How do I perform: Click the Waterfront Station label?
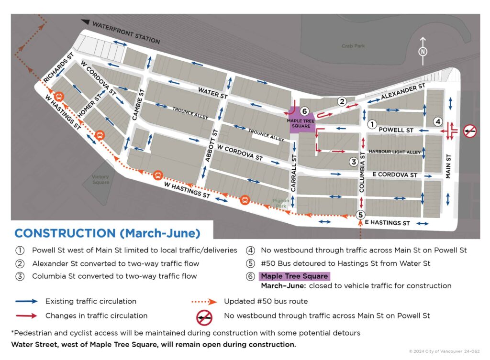point(125,32)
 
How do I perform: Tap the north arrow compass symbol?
point(423,52)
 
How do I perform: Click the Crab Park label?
point(353,46)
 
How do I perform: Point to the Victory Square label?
point(100,180)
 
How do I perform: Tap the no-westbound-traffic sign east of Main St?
point(470,130)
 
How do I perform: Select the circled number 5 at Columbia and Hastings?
point(360,214)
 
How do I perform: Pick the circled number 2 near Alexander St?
point(342,101)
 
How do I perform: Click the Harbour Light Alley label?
point(394,152)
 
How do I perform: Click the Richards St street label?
point(57,70)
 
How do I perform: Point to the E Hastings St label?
point(387,223)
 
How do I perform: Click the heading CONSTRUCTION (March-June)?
point(107,233)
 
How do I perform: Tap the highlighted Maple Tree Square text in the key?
point(294,276)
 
